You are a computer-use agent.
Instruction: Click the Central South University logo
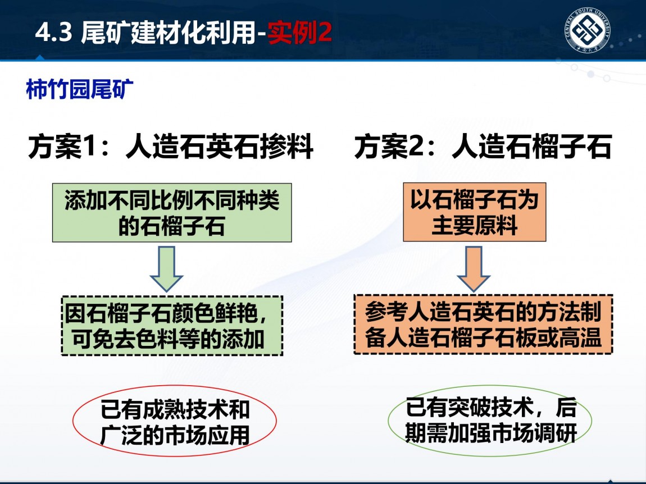coord(587,30)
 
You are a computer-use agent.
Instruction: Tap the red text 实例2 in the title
coord(299,32)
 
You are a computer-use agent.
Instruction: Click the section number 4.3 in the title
coord(54,32)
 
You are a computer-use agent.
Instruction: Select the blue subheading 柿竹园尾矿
coord(80,89)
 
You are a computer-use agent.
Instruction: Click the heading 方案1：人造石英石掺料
coord(171,146)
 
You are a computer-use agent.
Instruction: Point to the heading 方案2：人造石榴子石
coord(483,146)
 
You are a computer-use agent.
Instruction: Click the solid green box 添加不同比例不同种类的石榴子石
coord(172,213)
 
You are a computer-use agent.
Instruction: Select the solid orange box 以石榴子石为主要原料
coord(474,212)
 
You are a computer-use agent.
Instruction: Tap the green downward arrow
coord(166,269)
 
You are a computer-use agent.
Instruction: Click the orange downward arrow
coord(474,269)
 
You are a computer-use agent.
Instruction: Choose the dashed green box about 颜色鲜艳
coord(172,326)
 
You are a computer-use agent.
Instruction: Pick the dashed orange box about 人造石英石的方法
coord(483,325)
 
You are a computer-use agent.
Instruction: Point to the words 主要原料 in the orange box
coord(474,226)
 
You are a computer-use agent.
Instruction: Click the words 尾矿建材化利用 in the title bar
coord(169,32)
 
